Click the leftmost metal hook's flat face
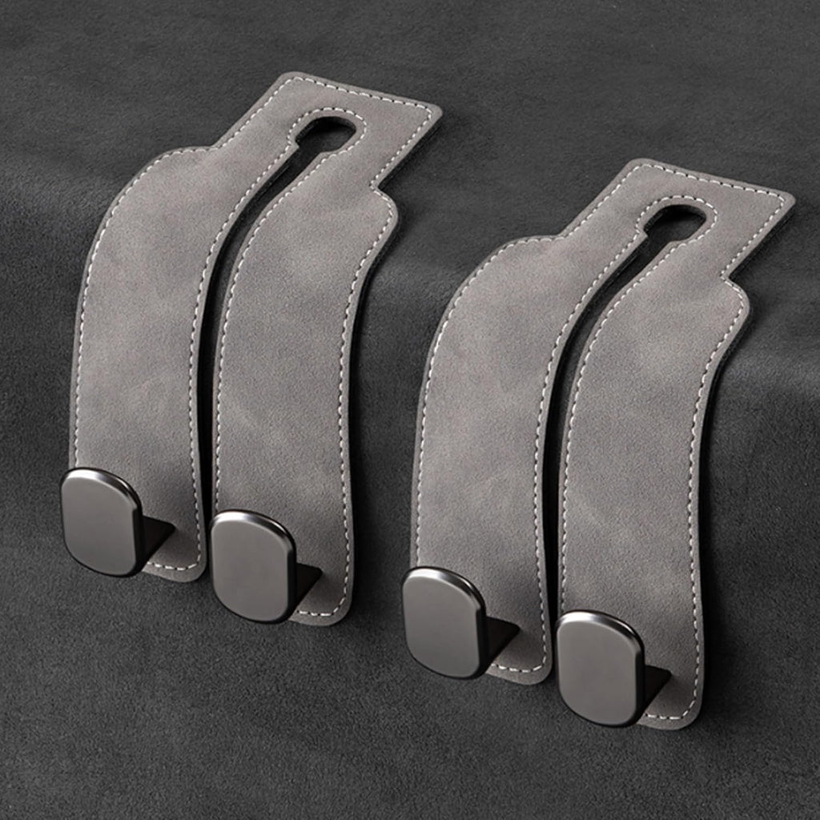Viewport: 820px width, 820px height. [x=101, y=521]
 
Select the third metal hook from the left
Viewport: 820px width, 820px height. [x=443, y=622]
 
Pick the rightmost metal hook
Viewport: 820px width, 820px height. [x=599, y=668]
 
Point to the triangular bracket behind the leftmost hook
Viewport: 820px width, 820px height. [x=157, y=535]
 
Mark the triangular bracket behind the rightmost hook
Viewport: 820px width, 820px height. [x=655, y=681]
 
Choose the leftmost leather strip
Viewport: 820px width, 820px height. [x=136, y=320]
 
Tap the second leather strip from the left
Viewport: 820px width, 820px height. [x=284, y=360]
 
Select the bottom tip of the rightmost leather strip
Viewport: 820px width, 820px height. [x=673, y=717]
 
